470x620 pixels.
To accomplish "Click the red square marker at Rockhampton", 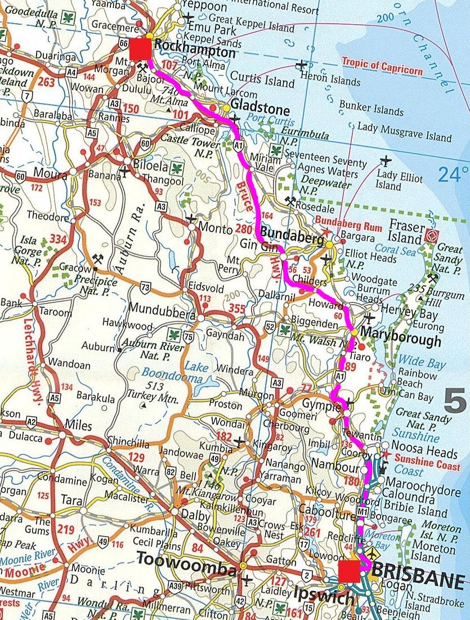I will point(140,49).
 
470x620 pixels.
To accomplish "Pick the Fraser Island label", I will point(406,234).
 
